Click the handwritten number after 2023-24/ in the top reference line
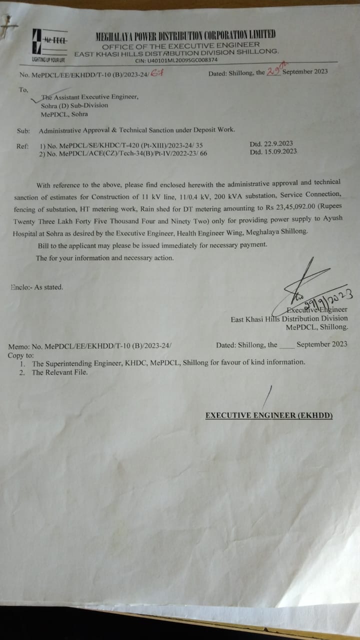coord(157,73)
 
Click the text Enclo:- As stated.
coord(36,287)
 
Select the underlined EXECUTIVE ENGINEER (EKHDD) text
coord(269,415)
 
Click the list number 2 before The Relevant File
coord(21,372)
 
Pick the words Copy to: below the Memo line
coord(20,355)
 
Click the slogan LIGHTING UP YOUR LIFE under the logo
coord(48,60)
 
